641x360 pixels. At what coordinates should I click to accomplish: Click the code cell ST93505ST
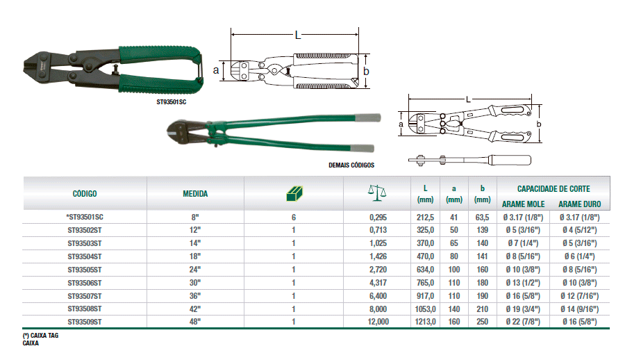coord(85,270)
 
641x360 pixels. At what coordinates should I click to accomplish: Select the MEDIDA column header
coord(195,193)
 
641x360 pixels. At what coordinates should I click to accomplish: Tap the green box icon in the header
coord(294,193)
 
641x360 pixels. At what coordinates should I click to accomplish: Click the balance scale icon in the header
coord(377,193)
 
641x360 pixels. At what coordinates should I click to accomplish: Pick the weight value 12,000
coord(378,322)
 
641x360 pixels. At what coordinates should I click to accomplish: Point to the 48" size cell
coord(195,322)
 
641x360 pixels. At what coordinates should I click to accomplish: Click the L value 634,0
coord(425,270)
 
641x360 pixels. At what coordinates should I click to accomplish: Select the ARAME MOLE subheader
coord(523,204)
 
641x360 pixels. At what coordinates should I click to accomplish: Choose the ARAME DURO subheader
coord(580,204)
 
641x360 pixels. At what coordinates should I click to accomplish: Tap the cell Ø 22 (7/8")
coord(523,322)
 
